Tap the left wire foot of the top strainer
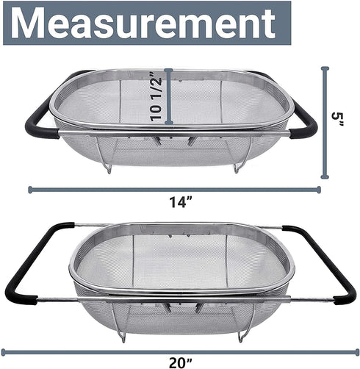click(x=108, y=166)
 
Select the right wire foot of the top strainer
click(x=237, y=166)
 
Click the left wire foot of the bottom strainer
click(x=120, y=334)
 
